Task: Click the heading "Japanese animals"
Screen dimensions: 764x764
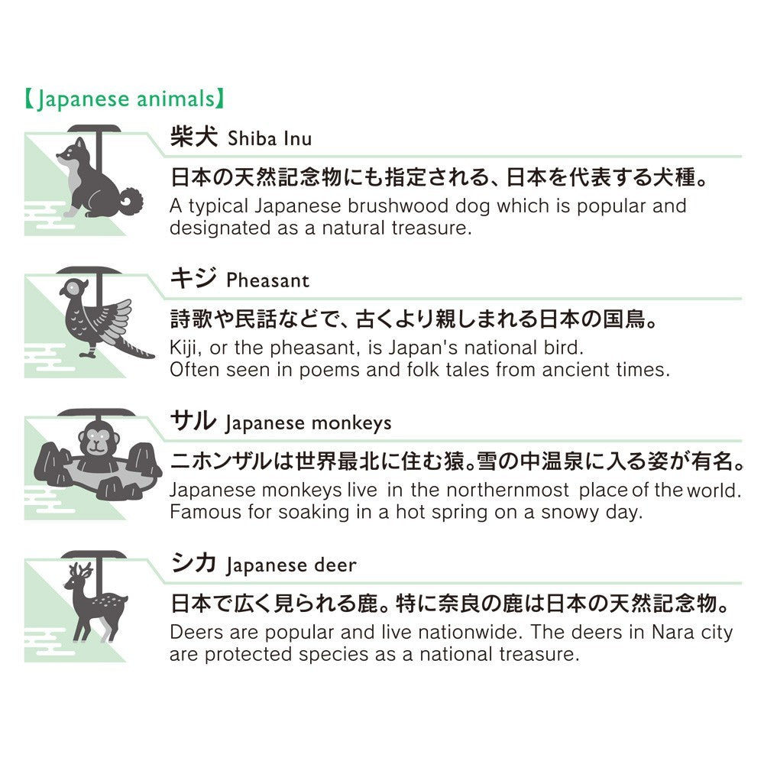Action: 122,100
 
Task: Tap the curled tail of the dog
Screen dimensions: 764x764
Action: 131,202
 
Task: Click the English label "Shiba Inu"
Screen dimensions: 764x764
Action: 270,139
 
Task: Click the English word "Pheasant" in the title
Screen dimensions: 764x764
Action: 267,280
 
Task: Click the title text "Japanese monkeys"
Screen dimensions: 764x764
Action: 308,422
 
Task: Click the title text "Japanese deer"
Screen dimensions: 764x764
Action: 290,565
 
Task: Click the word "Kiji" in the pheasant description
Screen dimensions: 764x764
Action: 184,348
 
